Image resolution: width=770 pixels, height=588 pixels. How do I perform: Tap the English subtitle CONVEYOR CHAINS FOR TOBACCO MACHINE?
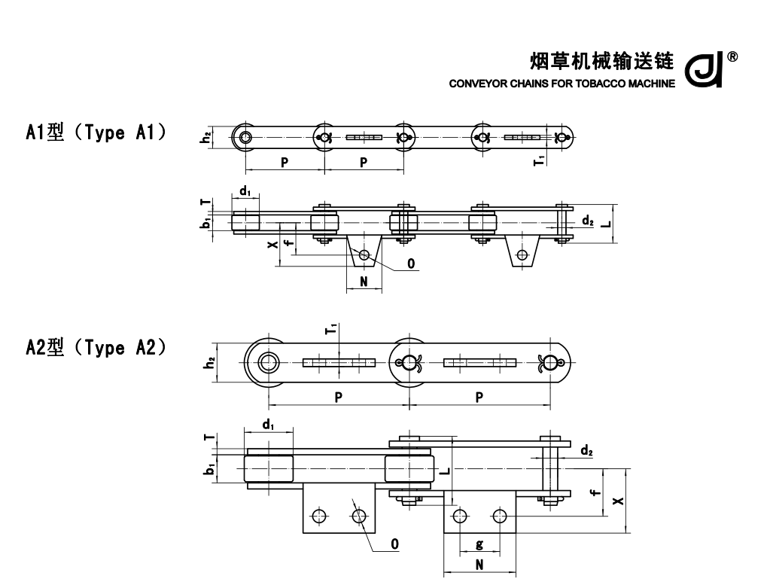(562, 83)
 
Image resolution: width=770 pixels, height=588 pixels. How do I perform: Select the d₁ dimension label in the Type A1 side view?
(245, 191)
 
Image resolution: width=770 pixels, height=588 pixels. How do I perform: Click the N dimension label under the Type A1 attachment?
(364, 282)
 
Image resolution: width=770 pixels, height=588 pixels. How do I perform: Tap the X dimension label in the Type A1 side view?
(273, 243)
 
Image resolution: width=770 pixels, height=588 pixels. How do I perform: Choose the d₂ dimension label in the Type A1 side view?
(587, 221)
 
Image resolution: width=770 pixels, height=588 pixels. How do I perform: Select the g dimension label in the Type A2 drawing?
(479, 544)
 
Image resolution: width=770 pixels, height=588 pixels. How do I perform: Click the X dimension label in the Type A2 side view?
(618, 500)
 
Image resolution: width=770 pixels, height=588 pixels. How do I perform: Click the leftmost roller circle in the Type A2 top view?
(266, 363)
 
